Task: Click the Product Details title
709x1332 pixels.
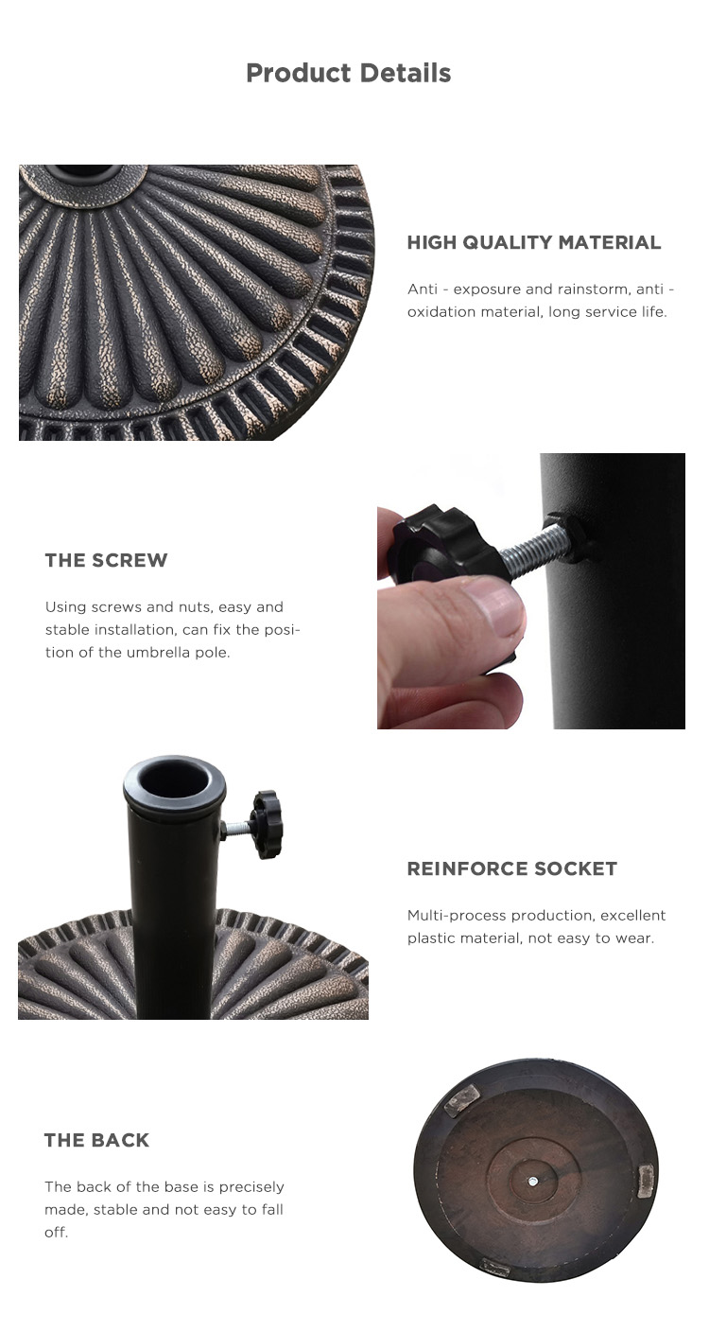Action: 348,73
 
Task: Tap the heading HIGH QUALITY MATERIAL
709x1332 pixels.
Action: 534,242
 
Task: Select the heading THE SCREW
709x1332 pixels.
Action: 107,560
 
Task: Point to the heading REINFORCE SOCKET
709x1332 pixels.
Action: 512,868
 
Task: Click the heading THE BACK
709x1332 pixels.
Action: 96,1140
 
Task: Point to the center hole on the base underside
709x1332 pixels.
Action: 532,1182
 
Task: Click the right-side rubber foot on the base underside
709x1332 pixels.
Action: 646,1181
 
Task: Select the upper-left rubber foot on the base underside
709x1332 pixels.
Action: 461,1099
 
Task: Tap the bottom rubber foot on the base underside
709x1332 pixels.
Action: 494,1267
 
